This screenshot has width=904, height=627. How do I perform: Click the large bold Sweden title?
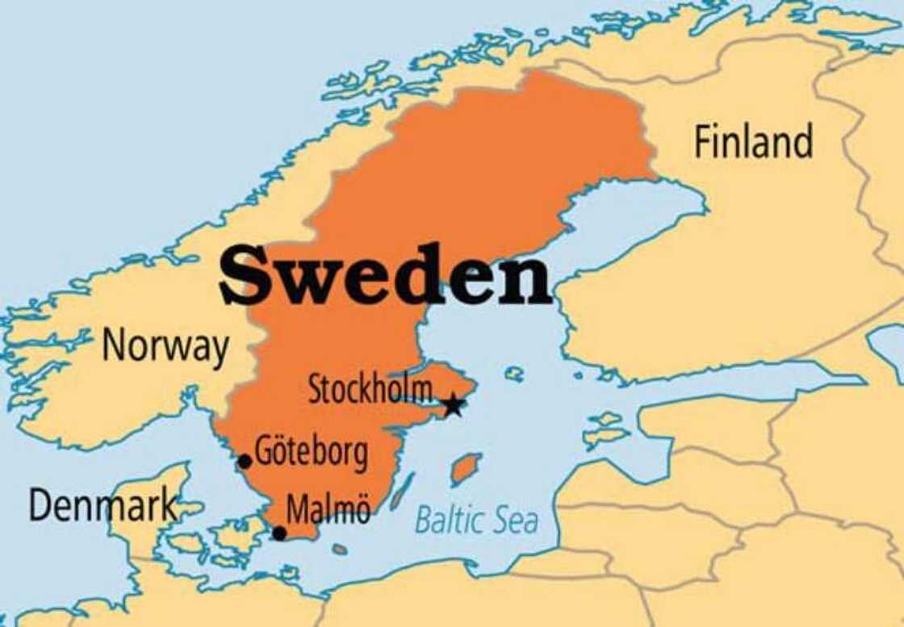tap(385, 275)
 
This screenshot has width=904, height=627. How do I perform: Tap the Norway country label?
tap(165, 346)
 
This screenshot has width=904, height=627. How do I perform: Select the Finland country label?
tap(753, 142)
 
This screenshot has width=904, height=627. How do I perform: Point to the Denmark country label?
tap(103, 505)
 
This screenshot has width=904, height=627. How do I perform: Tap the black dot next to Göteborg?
tap(245, 462)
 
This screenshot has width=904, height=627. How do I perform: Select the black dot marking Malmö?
tap(279, 533)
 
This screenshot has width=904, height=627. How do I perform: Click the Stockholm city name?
tap(370, 391)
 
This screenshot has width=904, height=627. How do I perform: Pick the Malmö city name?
tap(329, 511)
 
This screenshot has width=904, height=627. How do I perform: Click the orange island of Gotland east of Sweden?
tap(466, 469)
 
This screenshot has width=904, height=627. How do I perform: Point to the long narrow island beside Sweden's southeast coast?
tap(401, 491)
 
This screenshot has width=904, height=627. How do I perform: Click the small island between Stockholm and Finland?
tap(514, 374)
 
